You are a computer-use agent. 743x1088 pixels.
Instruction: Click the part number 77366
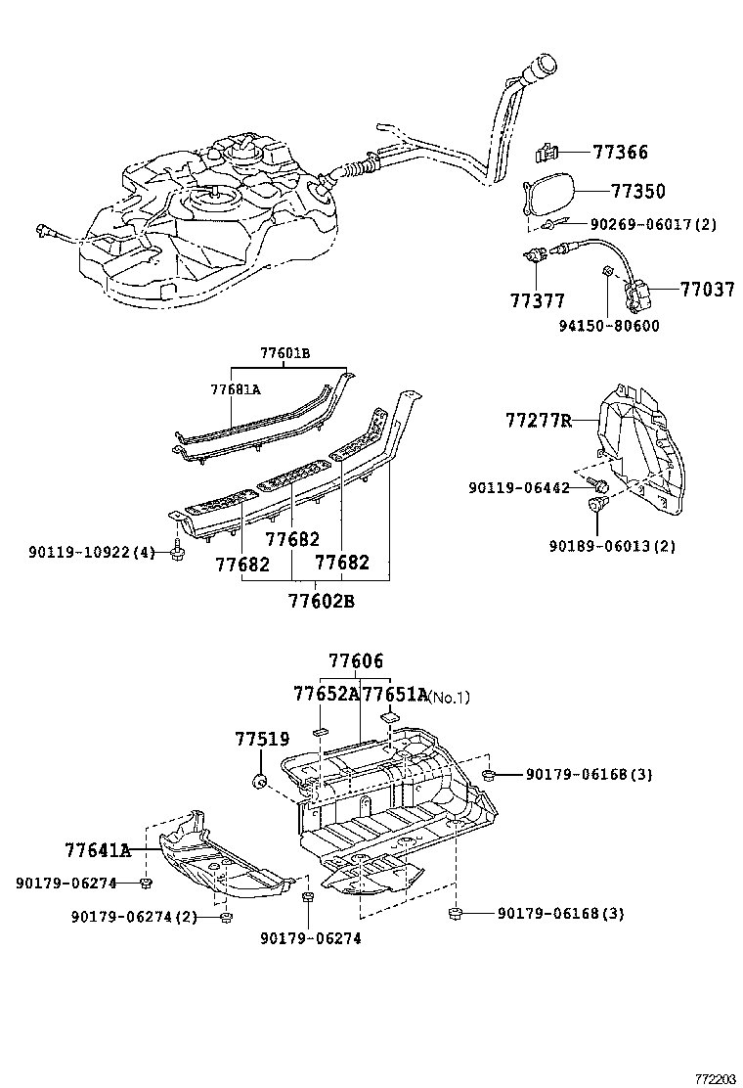[620, 153]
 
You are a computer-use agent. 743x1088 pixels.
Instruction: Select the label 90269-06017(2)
[653, 224]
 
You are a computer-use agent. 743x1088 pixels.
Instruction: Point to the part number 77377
[537, 299]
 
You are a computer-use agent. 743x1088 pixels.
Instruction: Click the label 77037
[708, 290]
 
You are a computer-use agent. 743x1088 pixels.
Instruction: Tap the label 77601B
[285, 354]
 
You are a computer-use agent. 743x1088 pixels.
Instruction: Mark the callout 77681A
[236, 388]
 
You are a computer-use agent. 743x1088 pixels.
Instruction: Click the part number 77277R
[538, 421]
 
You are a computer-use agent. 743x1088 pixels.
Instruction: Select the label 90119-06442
[519, 486]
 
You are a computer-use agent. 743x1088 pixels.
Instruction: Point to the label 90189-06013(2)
[626, 545]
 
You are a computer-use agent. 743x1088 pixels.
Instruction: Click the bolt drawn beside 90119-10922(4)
[176, 553]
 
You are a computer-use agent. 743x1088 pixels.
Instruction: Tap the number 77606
[356, 661]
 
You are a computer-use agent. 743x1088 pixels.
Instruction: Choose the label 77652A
[327, 695]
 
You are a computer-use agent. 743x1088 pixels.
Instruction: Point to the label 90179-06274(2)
[133, 917]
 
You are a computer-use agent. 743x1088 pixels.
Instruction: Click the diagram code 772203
[715, 1078]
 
